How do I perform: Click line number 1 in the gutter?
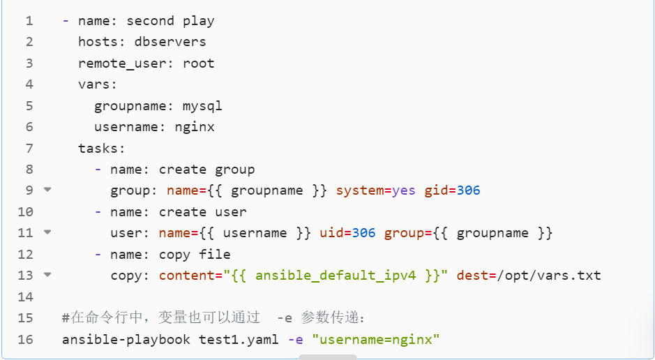[x=29, y=21]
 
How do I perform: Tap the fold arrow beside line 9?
[x=47, y=189]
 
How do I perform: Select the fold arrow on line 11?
[x=47, y=232]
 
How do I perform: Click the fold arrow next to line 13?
[x=47, y=274]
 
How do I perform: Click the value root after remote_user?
[x=199, y=63]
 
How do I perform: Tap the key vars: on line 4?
[x=98, y=84]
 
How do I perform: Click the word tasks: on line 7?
[x=102, y=149]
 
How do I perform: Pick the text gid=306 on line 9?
[x=452, y=190]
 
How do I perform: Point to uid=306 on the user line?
[x=347, y=233]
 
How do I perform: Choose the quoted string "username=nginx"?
[x=376, y=340]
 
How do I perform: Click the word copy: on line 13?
[x=130, y=276]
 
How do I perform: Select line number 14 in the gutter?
[x=26, y=297]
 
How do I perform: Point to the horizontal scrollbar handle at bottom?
[x=328, y=357]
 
